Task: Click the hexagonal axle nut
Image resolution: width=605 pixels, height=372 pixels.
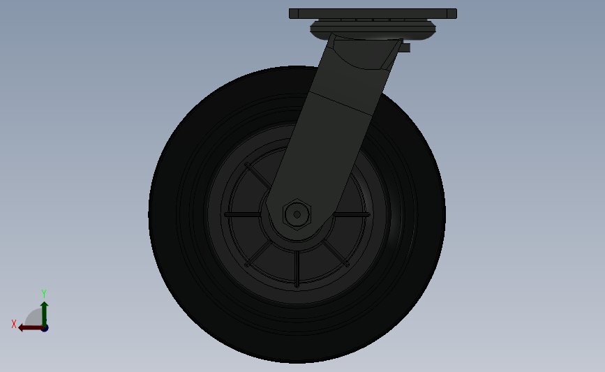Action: coord(297,214)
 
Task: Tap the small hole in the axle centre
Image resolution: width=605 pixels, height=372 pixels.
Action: coord(297,214)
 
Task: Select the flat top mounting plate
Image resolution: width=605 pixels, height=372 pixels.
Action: coord(373,13)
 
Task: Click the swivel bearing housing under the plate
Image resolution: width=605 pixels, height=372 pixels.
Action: coord(373,29)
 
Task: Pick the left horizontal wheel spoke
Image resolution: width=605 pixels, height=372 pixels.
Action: coord(242,214)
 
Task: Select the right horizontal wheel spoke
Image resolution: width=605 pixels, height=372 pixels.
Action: coord(352,214)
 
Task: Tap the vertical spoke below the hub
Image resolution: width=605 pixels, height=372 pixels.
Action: coord(297,269)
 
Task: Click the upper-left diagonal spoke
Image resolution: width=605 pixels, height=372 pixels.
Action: coord(257,177)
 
